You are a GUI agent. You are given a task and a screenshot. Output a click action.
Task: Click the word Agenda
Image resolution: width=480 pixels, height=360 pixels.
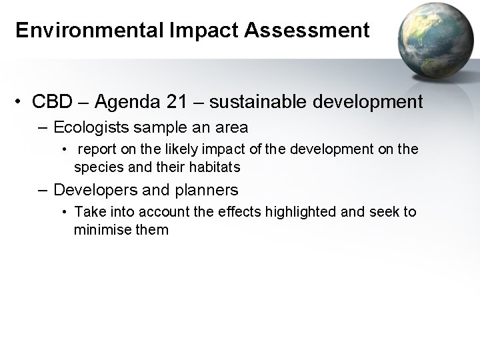click(x=127, y=102)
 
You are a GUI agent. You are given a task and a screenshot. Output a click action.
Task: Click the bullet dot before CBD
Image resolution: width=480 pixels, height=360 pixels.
click(x=22, y=103)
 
